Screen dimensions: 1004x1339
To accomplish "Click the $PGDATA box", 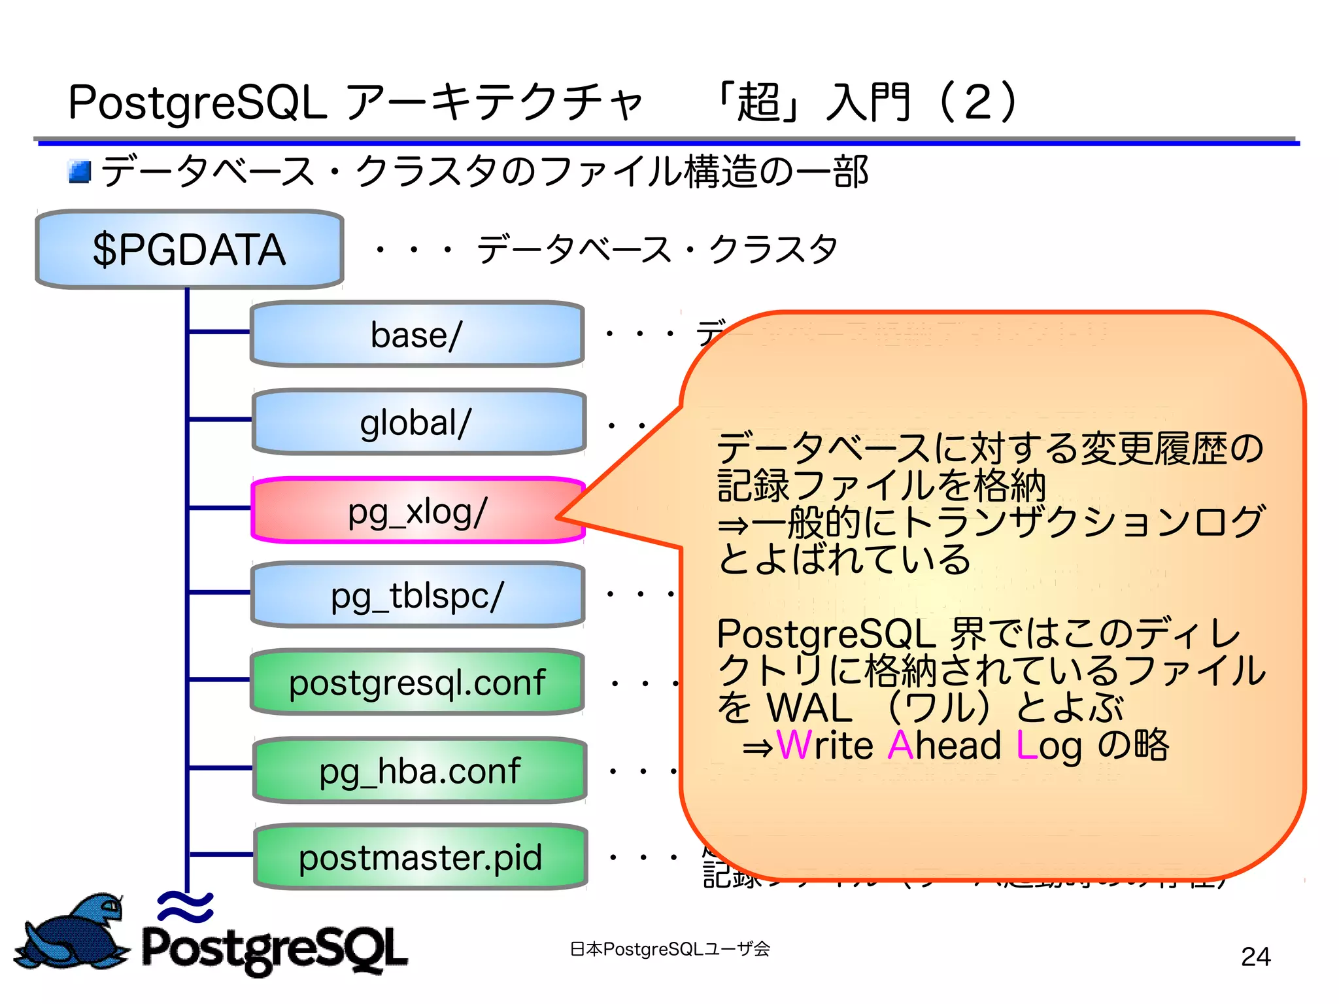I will (189, 249).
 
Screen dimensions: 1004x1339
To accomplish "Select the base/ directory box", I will (416, 334).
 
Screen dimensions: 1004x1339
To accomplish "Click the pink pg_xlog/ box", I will (416, 510).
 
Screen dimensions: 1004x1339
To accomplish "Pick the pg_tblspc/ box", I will (416, 595).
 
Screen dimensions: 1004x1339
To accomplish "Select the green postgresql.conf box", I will (416, 682).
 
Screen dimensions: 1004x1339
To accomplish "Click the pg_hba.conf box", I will (419, 770).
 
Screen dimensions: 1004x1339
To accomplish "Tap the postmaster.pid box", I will (420, 857).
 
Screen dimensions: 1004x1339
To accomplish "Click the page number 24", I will (1255, 956).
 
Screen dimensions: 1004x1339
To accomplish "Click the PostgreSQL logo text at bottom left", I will (275, 948).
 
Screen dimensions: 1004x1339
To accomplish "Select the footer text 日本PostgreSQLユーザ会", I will (669, 948).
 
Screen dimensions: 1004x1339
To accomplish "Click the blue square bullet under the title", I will (80, 172).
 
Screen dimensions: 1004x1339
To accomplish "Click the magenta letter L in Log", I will (1026, 745).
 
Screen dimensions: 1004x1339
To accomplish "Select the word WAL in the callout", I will (809, 708).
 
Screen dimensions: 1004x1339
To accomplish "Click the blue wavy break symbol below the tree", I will (186, 907).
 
